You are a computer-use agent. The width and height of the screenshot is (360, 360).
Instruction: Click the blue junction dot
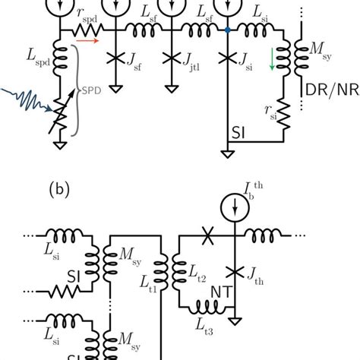coord(227,31)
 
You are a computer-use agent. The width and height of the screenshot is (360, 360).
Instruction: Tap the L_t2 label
coord(201,282)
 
